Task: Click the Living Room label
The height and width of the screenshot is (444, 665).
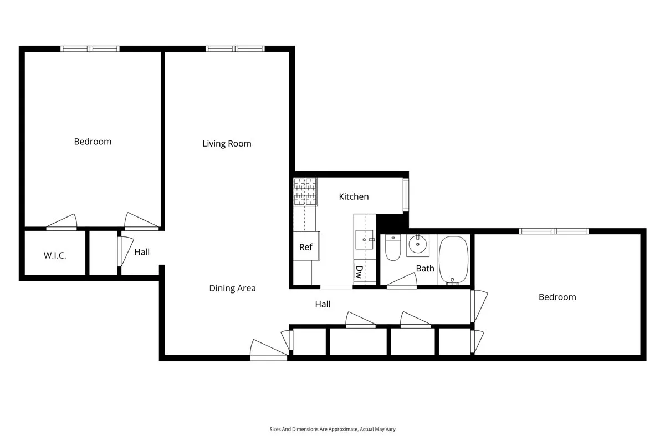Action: (227, 144)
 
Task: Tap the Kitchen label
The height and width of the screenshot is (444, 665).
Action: (354, 196)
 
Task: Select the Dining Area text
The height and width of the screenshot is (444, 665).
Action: (232, 288)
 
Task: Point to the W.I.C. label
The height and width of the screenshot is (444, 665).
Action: (55, 256)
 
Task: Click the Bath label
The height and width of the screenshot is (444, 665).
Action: (425, 269)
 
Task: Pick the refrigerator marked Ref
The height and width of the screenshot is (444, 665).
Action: (305, 247)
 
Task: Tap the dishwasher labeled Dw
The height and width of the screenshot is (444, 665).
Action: (359, 271)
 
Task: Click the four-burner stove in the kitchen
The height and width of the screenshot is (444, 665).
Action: (305, 191)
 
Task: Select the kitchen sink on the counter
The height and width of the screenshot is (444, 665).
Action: (365, 240)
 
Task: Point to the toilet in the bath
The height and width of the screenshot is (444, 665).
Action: (392, 248)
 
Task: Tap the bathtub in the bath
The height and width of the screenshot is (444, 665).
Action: (454, 260)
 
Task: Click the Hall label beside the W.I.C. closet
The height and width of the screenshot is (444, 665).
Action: (142, 252)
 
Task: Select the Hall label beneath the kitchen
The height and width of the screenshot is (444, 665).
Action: (323, 304)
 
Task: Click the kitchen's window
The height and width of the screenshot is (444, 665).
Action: (406, 195)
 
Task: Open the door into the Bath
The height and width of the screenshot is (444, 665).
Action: (401, 284)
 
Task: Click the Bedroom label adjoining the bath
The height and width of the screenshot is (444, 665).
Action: (557, 297)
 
